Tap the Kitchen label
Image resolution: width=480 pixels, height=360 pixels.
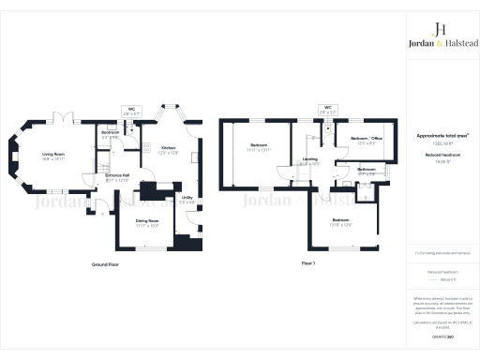(168, 148)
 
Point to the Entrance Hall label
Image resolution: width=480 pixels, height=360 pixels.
(117, 175)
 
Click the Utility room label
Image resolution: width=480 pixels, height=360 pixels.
(187, 197)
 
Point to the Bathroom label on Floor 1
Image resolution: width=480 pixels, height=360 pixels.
(367, 170)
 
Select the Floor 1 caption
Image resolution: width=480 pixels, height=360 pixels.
(308, 264)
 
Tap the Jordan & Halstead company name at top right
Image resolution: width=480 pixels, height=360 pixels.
(442, 44)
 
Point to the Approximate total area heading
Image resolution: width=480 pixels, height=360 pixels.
(442, 136)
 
